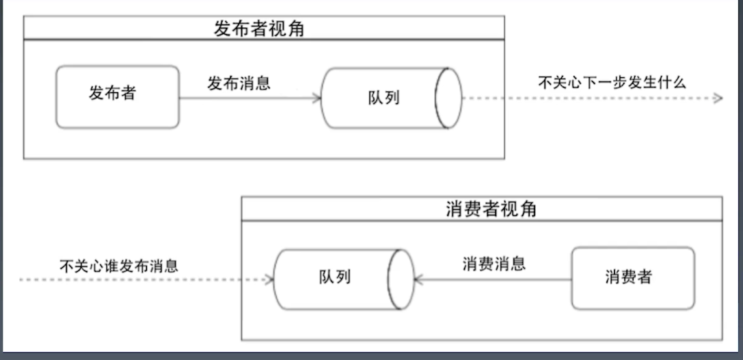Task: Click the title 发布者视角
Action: pos(259,28)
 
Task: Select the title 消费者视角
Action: pos(491,209)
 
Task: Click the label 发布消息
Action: pos(239,83)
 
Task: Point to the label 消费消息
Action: pos(494,264)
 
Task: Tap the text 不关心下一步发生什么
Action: pos(612,83)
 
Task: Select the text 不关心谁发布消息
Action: pos(119,266)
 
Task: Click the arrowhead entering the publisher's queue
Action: pos(317,98)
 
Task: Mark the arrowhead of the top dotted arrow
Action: pos(718,98)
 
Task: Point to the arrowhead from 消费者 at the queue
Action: pos(419,280)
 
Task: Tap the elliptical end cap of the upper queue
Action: pos(449,98)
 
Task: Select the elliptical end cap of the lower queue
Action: pos(401,280)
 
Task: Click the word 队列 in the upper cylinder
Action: pos(384,98)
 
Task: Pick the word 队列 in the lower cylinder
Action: pos(335,277)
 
